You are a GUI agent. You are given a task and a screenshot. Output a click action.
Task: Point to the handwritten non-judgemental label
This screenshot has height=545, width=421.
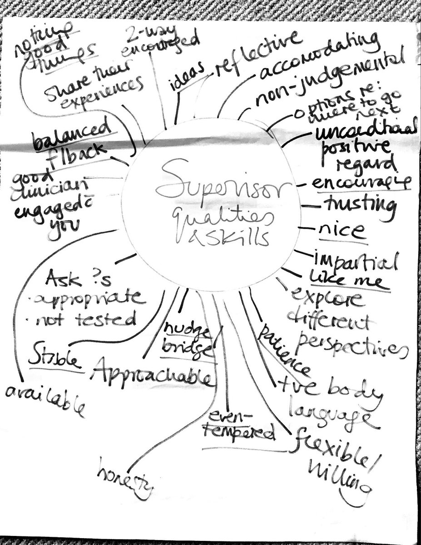[x=327, y=82]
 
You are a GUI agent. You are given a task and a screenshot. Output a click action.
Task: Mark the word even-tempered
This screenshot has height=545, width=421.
[x=243, y=424]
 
